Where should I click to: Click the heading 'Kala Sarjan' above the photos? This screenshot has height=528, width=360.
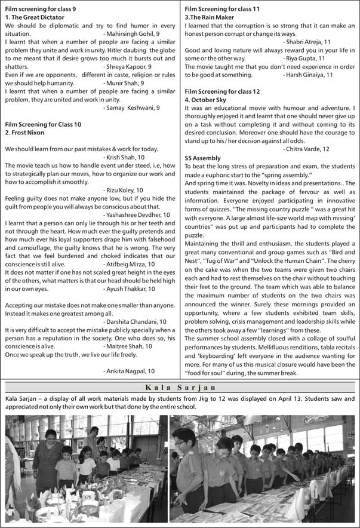(x=180, y=387)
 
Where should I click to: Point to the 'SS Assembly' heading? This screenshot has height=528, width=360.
(x=203, y=158)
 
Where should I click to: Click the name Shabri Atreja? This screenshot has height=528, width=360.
(x=306, y=42)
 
